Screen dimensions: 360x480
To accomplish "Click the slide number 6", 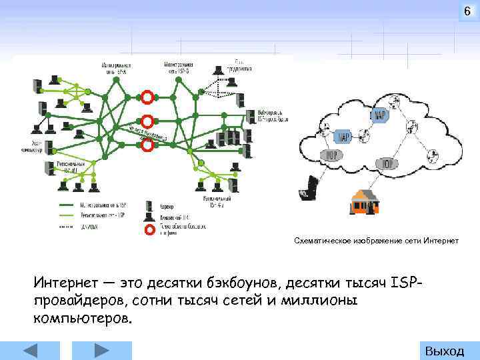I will (x=467, y=13).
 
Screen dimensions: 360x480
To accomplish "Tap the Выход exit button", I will (x=444, y=351).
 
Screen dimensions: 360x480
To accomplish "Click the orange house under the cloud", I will (x=365, y=201).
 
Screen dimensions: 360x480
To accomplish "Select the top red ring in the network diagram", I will (x=147, y=97).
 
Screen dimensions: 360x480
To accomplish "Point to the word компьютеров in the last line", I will (x=83, y=317).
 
